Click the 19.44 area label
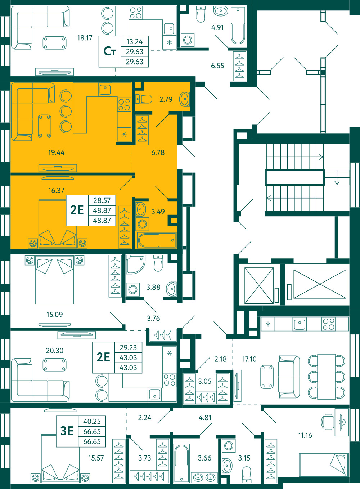point(56,152)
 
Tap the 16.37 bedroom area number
point(56,191)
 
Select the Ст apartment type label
point(110,52)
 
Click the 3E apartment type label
point(67,431)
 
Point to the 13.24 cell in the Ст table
point(135,41)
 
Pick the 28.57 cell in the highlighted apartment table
point(102,200)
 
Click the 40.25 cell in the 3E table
point(92,421)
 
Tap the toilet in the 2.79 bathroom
point(144,99)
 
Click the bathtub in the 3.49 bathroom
point(157,240)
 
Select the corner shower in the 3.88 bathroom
point(135,264)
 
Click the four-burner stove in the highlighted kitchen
point(124,105)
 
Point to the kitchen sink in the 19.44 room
point(105,89)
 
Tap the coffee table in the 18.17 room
point(54,43)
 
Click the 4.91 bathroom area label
point(217,27)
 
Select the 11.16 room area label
point(305,436)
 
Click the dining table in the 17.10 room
point(327,377)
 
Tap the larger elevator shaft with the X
point(320,284)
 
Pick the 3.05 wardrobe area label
point(204,381)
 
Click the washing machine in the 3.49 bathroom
point(142,224)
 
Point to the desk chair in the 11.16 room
point(327,422)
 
